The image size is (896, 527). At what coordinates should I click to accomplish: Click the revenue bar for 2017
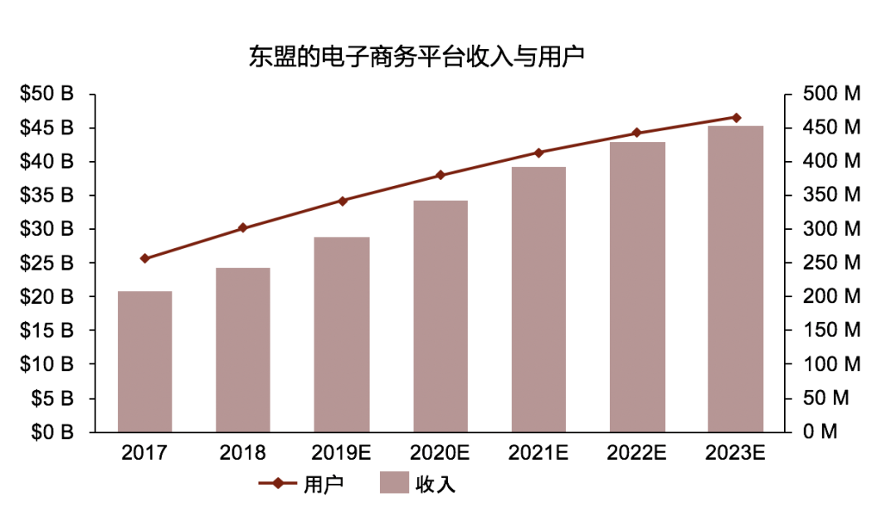pyautogui.click(x=144, y=362)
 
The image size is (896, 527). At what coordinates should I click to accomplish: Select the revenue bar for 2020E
pyautogui.click(x=440, y=316)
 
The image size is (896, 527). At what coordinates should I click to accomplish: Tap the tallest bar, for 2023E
pyautogui.click(x=735, y=279)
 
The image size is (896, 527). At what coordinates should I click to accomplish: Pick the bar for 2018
pyautogui.click(x=243, y=349)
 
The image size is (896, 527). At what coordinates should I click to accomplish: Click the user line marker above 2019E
pyautogui.click(x=342, y=201)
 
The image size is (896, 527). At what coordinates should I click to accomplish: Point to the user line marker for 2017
pyautogui.click(x=145, y=258)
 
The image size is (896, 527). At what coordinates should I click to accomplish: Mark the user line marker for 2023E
pyautogui.click(x=735, y=118)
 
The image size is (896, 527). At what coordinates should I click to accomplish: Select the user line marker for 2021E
pyautogui.click(x=538, y=153)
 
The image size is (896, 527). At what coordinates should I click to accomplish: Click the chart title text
pyautogui.click(x=417, y=56)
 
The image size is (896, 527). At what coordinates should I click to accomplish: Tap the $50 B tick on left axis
pyautogui.click(x=47, y=95)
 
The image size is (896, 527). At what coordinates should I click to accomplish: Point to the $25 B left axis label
pyautogui.click(x=47, y=263)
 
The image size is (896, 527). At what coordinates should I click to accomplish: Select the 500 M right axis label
pyautogui.click(x=831, y=95)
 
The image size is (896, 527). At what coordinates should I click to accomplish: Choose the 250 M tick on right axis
pyautogui.click(x=831, y=263)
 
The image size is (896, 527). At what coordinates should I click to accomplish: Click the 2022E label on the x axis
pyautogui.click(x=636, y=453)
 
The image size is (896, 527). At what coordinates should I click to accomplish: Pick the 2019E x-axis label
pyautogui.click(x=342, y=453)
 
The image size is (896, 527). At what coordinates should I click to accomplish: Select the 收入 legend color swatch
pyautogui.click(x=393, y=483)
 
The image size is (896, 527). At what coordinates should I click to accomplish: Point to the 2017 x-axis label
pyautogui.click(x=144, y=453)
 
